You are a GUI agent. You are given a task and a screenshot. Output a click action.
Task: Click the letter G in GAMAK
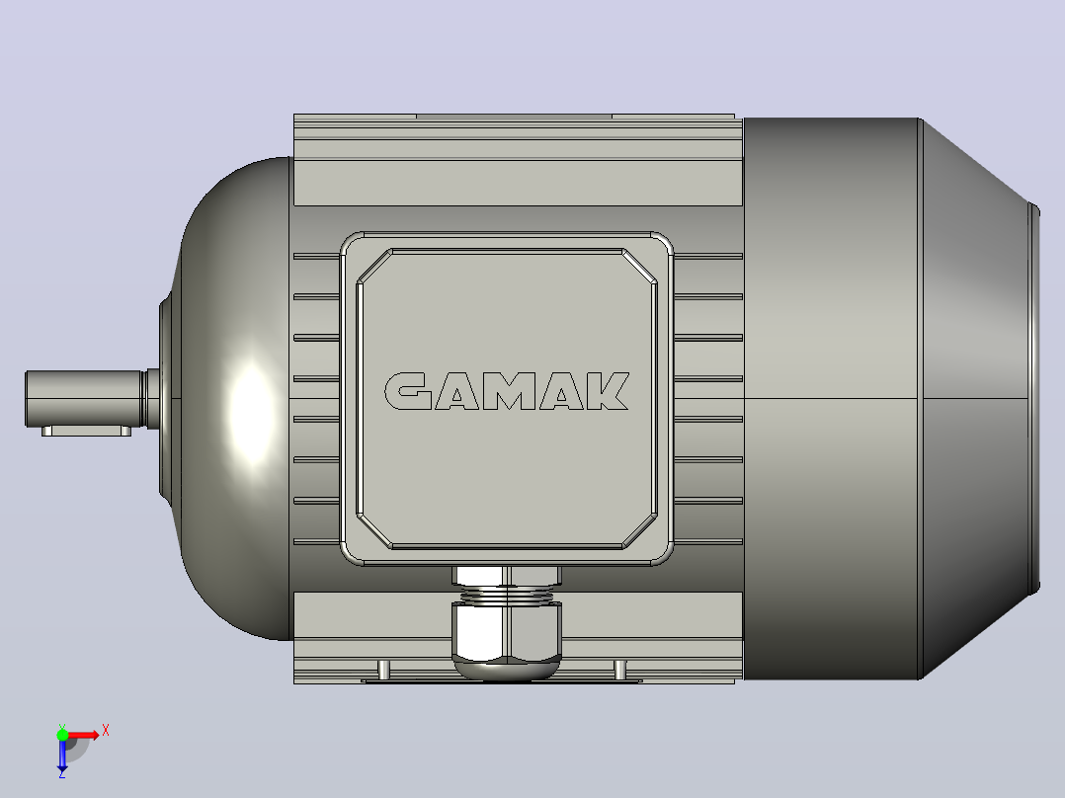407,391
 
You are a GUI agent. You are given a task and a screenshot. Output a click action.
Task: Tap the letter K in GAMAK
608,391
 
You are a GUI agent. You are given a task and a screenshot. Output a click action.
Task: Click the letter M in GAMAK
509,391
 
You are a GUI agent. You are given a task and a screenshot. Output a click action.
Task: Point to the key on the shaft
86,432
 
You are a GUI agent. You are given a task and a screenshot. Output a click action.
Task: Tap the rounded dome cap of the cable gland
507,671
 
